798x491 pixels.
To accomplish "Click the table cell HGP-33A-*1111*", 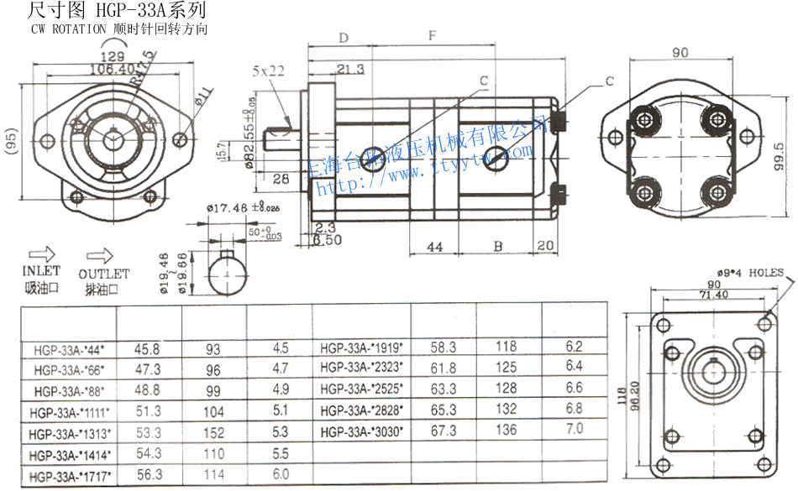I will coord(70,411).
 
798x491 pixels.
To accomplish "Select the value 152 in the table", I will coord(214,432).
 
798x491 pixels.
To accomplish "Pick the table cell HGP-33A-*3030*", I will coord(361,431).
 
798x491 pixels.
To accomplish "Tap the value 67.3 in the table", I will coord(444,431).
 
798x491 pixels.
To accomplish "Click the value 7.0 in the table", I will coord(574,428).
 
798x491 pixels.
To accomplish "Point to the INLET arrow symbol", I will coord(40,253).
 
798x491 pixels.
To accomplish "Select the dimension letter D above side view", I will coord(344,38).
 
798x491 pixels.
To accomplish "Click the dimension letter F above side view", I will coord(432,36).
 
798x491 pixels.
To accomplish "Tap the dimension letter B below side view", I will coord(498,247).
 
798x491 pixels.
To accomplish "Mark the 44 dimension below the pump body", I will coord(435,247).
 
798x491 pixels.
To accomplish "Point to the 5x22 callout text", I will coord(269,71).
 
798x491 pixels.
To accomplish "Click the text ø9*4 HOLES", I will coord(750,273).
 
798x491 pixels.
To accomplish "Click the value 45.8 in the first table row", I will coord(147,347).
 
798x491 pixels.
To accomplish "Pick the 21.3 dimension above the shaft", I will coord(348,69).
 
